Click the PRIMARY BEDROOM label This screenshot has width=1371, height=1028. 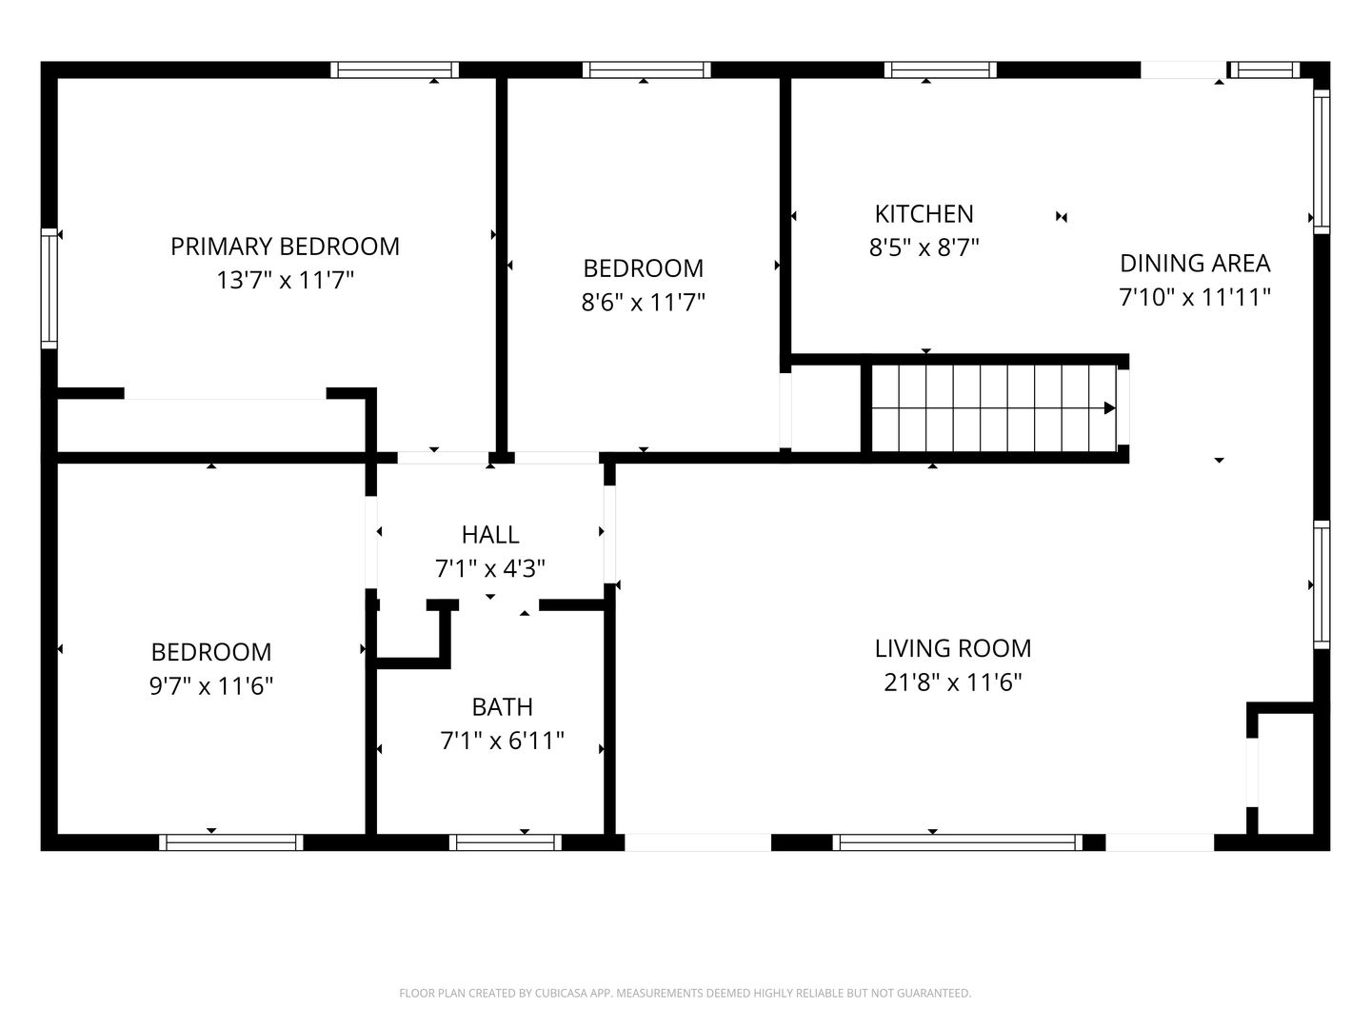(285, 247)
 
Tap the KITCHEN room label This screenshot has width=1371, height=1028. (924, 214)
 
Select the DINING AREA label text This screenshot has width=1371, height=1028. (1195, 264)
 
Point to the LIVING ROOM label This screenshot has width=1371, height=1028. (952, 648)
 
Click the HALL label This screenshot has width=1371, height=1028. (490, 535)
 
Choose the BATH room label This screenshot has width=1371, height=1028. (502, 707)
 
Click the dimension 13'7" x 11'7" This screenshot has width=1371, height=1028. (285, 280)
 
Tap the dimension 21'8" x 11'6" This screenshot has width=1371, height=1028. (952, 682)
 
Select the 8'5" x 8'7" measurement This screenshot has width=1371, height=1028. (924, 247)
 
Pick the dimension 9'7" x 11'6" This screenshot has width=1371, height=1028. (211, 686)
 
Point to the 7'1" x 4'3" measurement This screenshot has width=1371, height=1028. (490, 568)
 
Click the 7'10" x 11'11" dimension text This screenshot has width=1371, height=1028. (1195, 297)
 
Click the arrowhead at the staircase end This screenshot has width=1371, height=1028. (1109, 408)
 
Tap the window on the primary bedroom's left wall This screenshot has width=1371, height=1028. (50, 288)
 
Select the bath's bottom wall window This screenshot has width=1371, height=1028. (506, 842)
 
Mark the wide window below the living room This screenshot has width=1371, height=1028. (958, 842)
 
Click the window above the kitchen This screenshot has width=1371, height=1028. (940, 69)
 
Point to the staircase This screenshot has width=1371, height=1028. (994, 408)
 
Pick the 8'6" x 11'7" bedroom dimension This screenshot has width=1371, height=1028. (644, 303)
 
